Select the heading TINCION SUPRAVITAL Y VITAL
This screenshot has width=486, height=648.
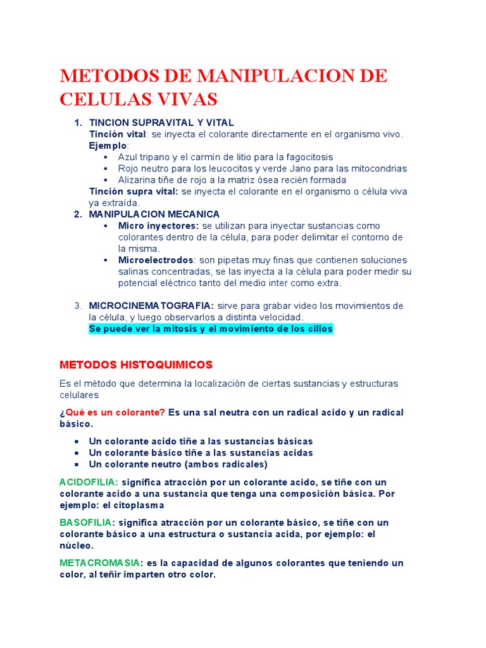tap(161, 123)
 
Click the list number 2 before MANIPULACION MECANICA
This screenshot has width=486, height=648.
tap(78, 215)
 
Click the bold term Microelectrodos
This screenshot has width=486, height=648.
tap(156, 260)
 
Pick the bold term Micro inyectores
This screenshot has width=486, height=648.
tap(158, 226)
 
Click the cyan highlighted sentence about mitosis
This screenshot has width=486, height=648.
tap(211, 329)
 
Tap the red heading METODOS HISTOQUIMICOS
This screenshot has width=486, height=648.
tap(136, 365)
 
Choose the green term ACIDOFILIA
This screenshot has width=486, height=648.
tap(89, 482)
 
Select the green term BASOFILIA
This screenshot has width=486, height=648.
tap(86, 523)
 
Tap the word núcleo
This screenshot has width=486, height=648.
tap(77, 545)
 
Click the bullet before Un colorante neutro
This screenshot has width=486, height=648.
tap(77, 464)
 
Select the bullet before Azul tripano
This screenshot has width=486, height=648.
tap(106, 157)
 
